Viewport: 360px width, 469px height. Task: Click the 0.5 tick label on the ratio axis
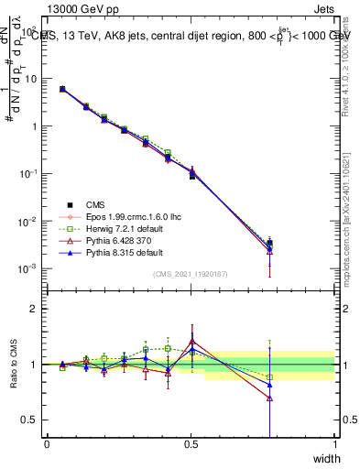28,420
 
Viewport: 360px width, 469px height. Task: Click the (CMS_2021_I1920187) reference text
191,274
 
